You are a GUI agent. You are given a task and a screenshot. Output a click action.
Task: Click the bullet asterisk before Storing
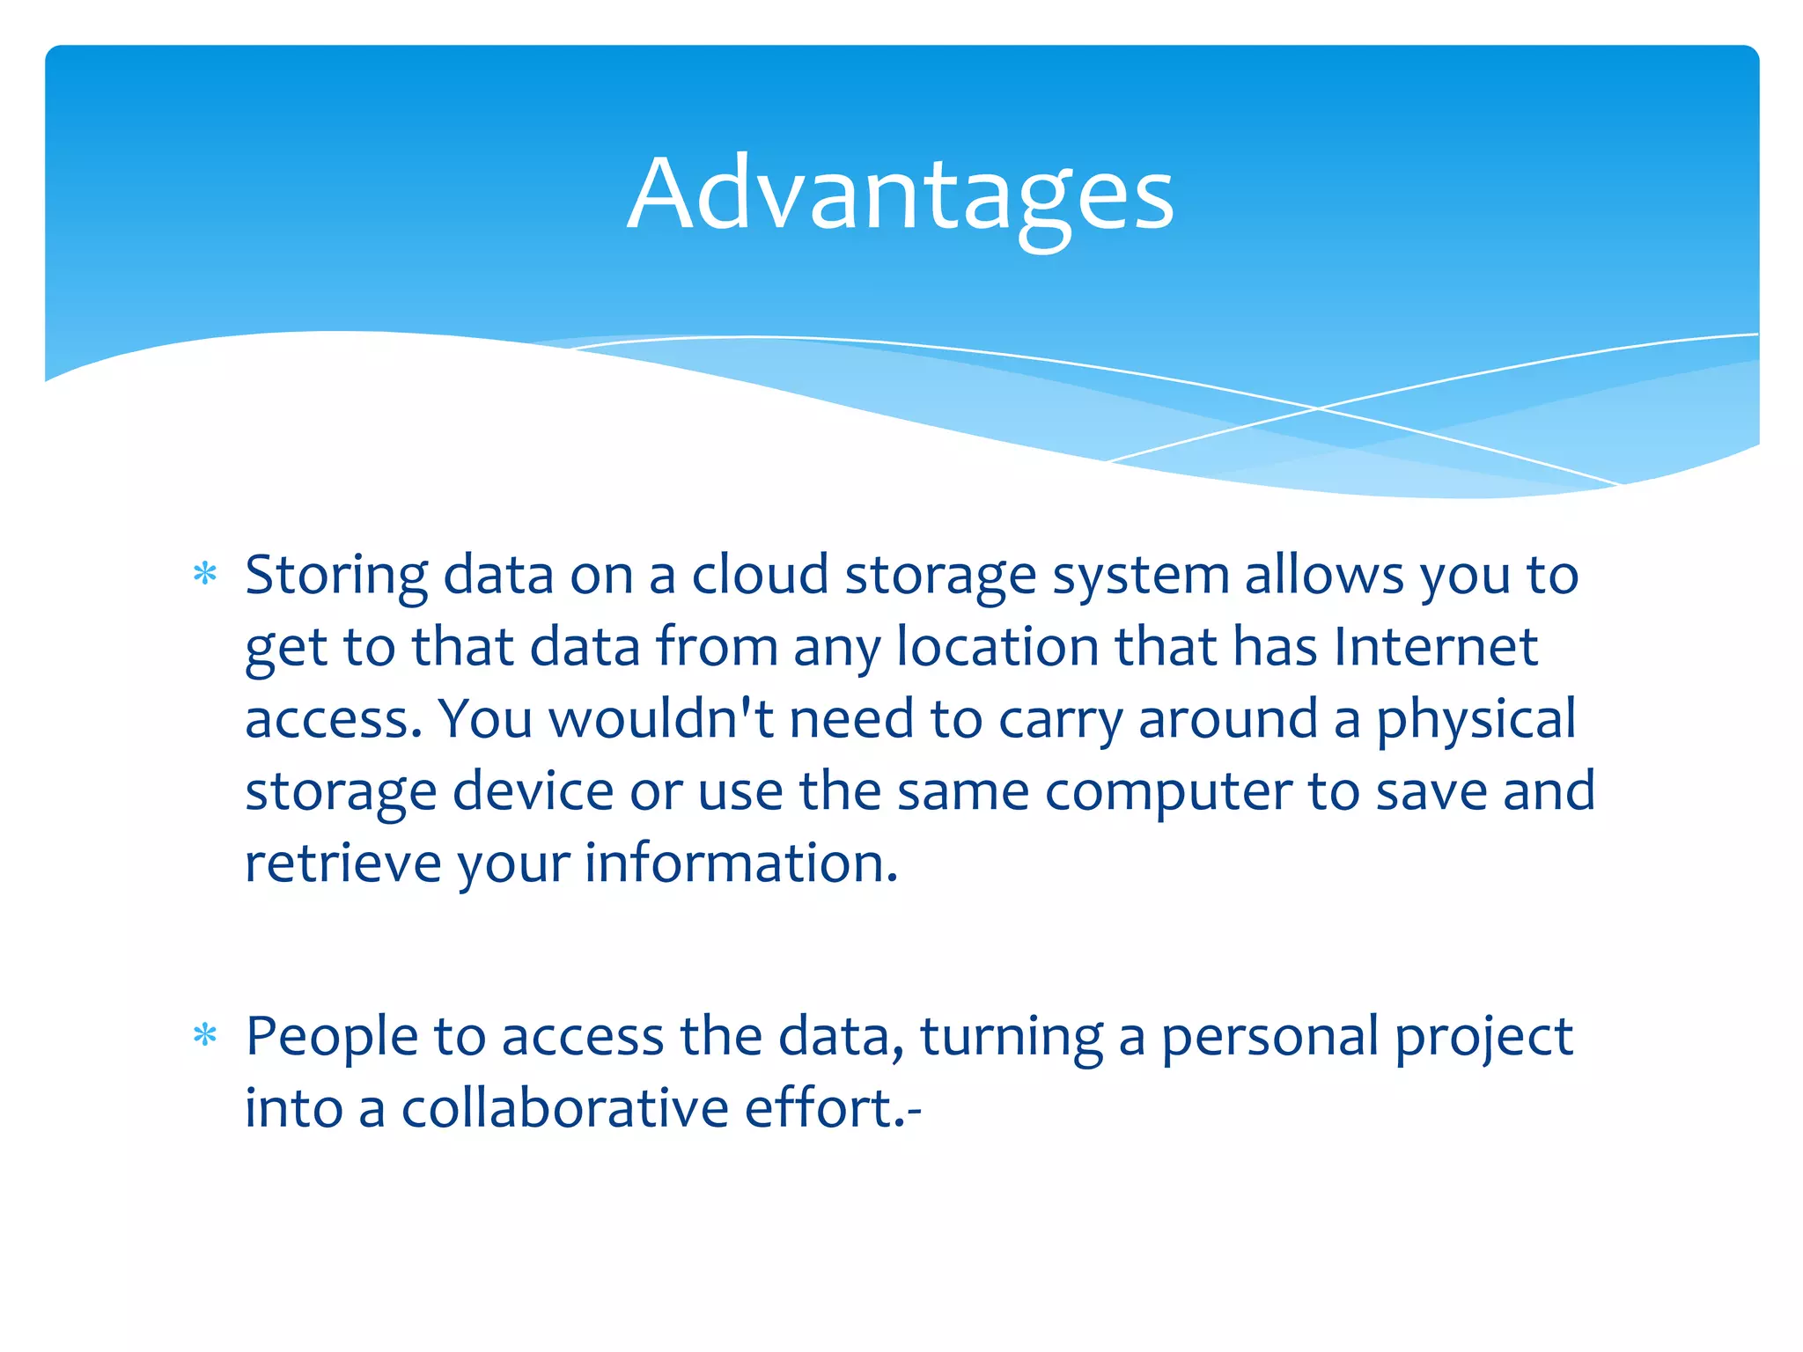pyautogui.click(x=205, y=575)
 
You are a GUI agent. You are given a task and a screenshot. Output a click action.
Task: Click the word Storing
pyautogui.click(x=336, y=577)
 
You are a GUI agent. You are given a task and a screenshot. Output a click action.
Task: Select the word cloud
pyautogui.click(x=760, y=575)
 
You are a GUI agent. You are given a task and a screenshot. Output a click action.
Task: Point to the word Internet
pyautogui.click(x=1435, y=647)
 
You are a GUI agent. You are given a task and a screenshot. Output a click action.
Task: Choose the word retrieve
pyautogui.click(x=342, y=863)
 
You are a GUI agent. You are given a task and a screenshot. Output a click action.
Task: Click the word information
pyautogui.click(x=741, y=863)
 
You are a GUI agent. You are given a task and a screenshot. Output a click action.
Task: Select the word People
pyautogui.click(x=331, y=1036)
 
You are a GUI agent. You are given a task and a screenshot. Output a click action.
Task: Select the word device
pyautogui.click(x=533, y=790)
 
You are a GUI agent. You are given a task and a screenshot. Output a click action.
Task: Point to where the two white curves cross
pyautogui.click(x=1318, y=408)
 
